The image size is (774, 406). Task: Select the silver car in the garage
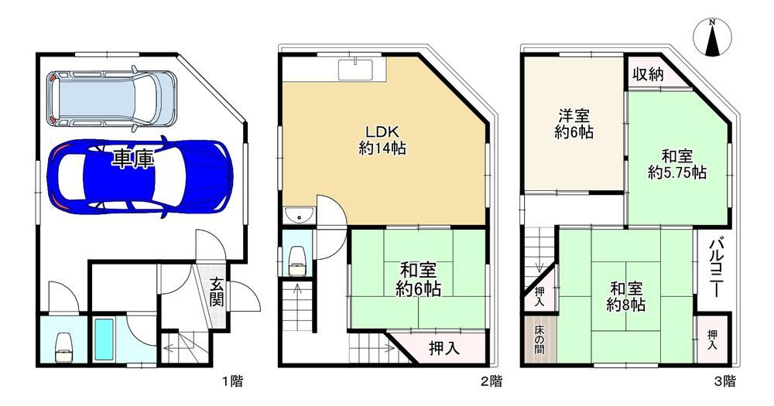tap(112, 97)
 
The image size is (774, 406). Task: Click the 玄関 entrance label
tap(216, 292)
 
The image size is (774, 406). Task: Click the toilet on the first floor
tap(63, 347)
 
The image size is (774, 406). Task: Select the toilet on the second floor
tap(297, 260)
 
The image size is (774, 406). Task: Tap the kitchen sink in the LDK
tap(355, 69)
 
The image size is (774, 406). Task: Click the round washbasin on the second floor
tap(299, 215)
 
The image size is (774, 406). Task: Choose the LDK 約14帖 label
tap(382, 140)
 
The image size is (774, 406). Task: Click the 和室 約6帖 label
tap(418, 279)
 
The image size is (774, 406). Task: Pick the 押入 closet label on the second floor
tap(444, 348)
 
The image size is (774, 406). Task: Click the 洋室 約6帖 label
tap(574, 124)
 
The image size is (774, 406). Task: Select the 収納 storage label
tap(648, 74)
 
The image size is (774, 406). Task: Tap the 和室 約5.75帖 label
tap(676, 164)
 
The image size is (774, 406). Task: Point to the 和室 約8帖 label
tap(625, 296)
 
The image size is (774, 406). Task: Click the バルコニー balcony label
tap(716, 268)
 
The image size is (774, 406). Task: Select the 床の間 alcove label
tap(539, 340)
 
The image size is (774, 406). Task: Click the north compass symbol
tap(712, 37)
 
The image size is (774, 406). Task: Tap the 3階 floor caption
tap(725, 380)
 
